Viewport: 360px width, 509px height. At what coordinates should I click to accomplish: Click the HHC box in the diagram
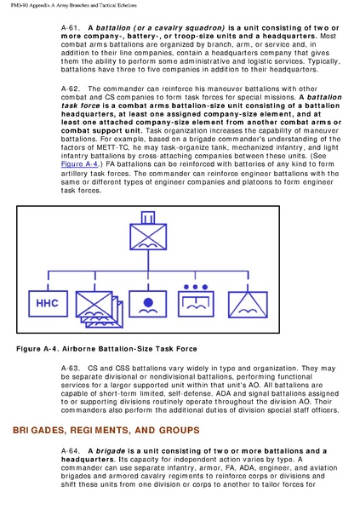(48, 304)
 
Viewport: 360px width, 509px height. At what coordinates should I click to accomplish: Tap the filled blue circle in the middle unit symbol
(148, 302)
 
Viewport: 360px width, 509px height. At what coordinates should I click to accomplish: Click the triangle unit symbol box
(248, 305)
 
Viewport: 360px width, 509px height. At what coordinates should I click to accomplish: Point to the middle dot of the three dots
(195, 287)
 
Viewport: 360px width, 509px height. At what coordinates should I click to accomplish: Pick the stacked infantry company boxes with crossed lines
(99, 309)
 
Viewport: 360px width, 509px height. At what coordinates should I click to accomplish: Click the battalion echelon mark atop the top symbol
(148, 218)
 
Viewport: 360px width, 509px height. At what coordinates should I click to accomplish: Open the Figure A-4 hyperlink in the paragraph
(79, 164)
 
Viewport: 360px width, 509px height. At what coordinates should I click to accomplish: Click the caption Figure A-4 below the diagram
(106, 349)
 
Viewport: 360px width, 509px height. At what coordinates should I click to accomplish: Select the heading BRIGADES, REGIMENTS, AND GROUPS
(106, 430)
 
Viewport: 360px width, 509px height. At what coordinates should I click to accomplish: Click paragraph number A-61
(71, 28)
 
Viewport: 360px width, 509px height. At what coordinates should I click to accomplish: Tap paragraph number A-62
(71, 89)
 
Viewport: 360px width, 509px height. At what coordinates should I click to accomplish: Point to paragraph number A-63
(71, 369)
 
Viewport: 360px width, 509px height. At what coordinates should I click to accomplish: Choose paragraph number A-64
(71, 451)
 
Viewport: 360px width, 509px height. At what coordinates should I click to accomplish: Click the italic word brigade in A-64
(111, 451)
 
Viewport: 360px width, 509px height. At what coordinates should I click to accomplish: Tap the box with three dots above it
(196, 304)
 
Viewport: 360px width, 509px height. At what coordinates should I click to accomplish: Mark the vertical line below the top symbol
(148, 260)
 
